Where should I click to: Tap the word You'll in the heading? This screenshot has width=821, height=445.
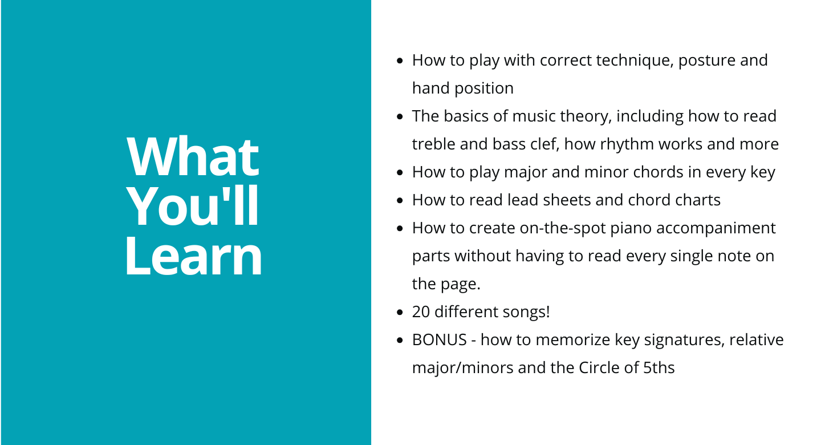click(x=193, y=206)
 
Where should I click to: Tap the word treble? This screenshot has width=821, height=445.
click(x=433, y=144)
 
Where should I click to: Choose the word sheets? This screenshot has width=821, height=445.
click(x=567, y=200)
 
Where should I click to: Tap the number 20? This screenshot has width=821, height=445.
click(x=421, y=312)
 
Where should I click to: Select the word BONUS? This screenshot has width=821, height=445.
click(x=439, y=340)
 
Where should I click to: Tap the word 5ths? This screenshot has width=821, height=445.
click(x=659, y=368)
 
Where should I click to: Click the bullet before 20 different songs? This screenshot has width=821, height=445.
click(x=400, y=313)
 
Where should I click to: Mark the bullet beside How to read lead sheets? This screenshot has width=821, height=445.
click(x=400, y=201)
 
